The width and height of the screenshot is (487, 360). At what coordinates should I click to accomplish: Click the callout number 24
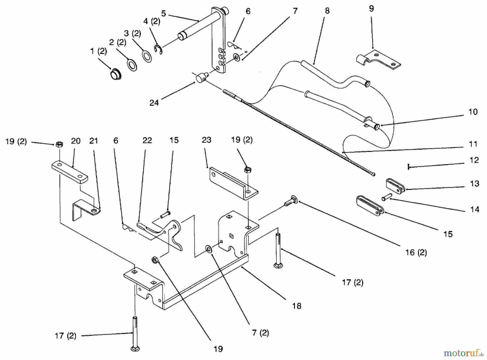tap(154, 103)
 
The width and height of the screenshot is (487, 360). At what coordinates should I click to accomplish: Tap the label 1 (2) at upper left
tap(98, 51)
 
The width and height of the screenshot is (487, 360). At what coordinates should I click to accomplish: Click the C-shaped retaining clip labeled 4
tap(158, 50)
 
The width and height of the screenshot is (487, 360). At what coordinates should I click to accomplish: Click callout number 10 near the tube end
tap(473, 112)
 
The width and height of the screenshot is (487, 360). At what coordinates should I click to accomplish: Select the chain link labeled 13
tap(395, 186)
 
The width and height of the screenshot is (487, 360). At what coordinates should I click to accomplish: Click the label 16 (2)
tap(416, 253)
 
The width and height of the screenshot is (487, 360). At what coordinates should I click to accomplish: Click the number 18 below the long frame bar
tap(297, 306)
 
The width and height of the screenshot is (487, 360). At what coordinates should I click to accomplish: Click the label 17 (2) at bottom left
tap(65, 336)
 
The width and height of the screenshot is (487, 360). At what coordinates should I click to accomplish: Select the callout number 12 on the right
tap(474, 160)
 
